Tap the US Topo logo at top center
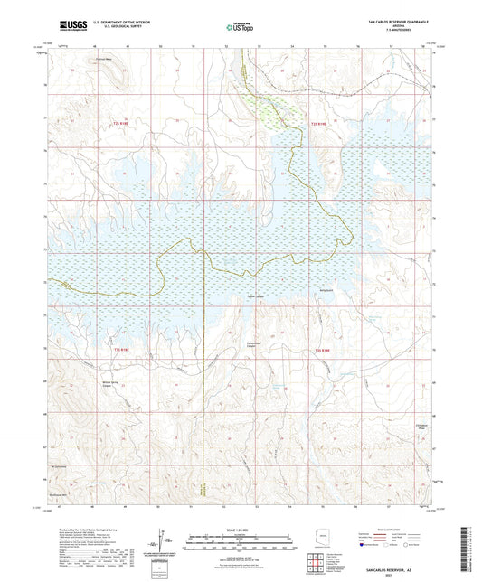click(x=240, y=27)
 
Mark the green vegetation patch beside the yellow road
click(x=271, y=110)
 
